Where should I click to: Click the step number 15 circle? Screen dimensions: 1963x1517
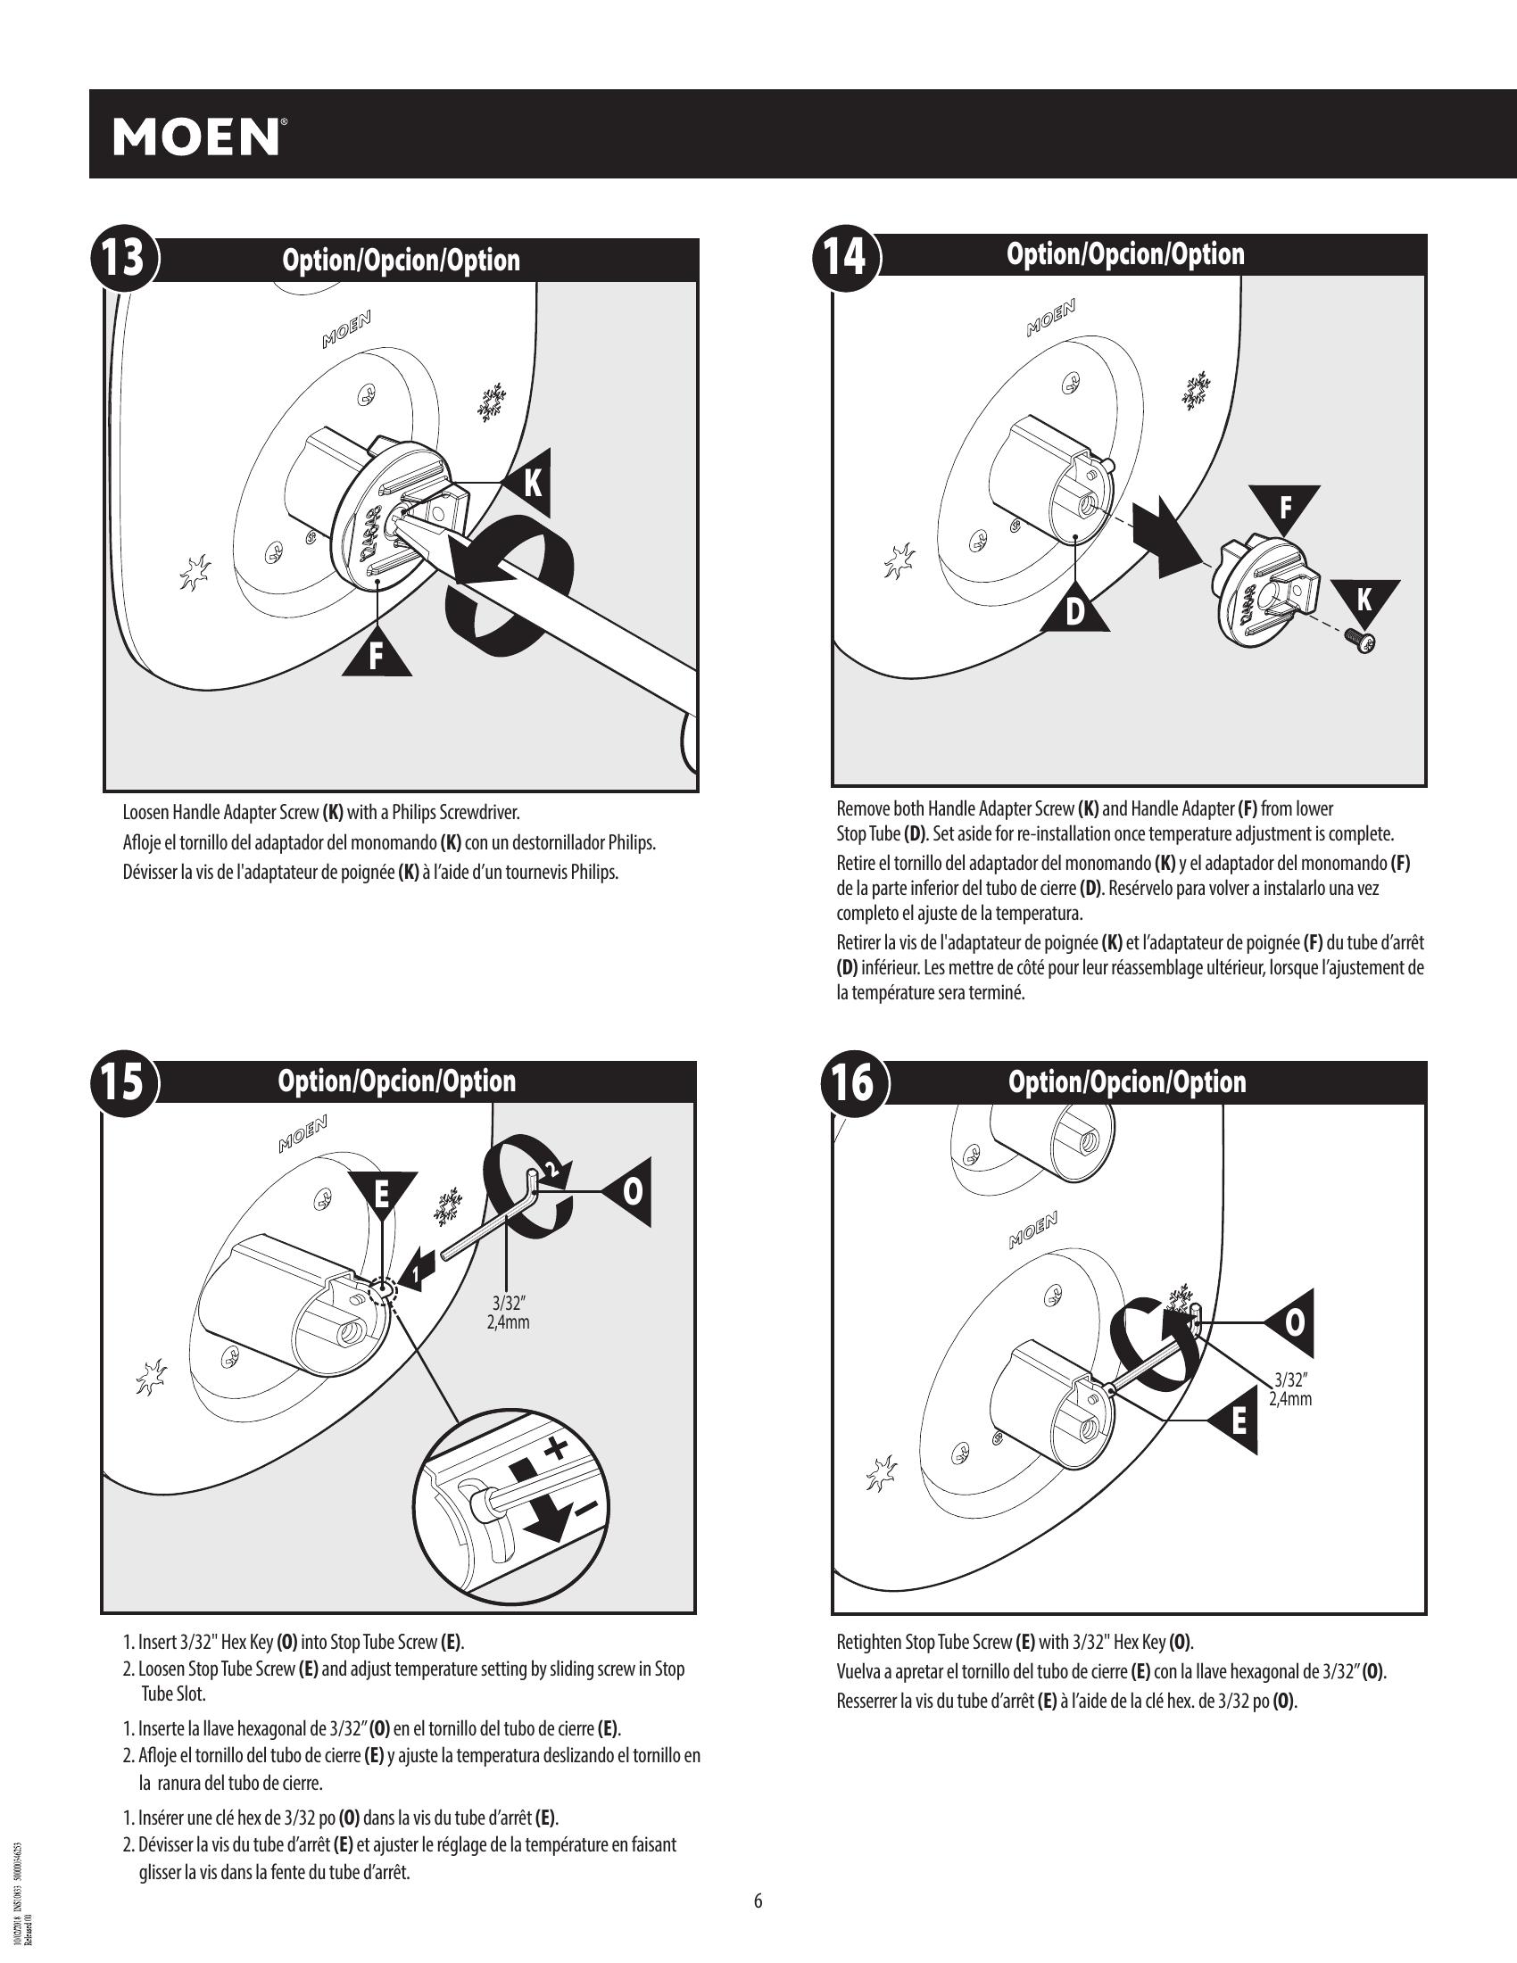tap(123, 1081)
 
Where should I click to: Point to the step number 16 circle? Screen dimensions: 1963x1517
tap(852, 1082)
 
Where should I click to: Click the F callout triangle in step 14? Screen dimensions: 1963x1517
tap(1285, 505)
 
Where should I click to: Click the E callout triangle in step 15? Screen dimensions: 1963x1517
tap(382, 1194)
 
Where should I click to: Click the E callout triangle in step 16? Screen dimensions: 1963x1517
tap(1238, 1423)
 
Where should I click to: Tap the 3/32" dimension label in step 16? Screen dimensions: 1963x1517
tap(1290, 1388)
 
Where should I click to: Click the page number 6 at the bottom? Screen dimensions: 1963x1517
tap(758, 1901)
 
